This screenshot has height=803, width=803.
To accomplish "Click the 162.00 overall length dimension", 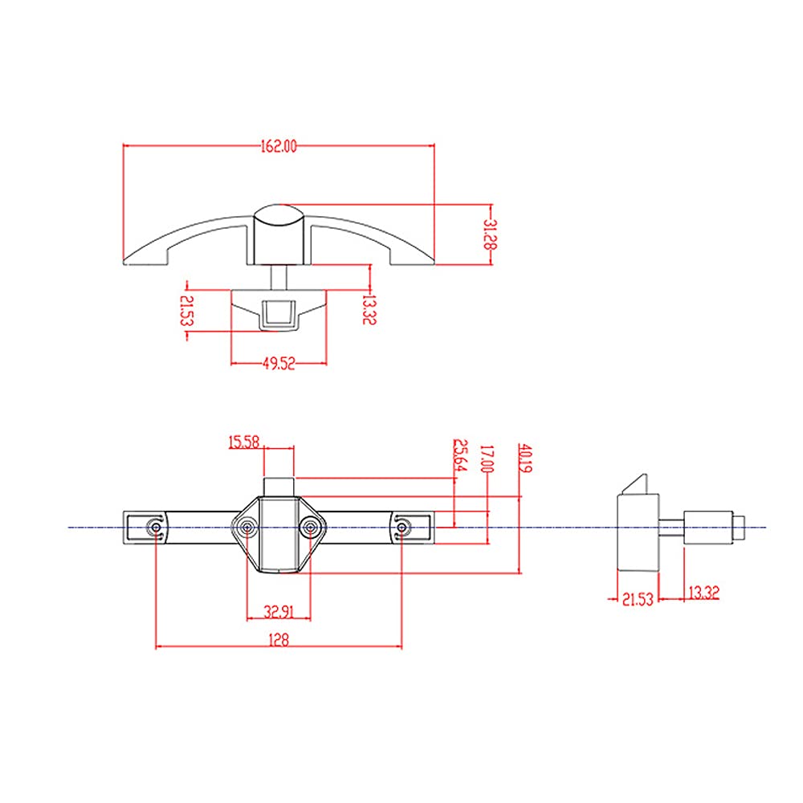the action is tap(279, 146).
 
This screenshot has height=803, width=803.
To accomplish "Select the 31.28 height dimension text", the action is tap(491, 234).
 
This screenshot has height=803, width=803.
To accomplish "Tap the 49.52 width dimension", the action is tap(279, 364).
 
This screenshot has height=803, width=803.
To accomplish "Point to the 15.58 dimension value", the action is tap(244, 442).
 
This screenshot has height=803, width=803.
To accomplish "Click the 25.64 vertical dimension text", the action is tap(460, 454).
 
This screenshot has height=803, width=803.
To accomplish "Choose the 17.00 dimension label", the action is tap(487, 459).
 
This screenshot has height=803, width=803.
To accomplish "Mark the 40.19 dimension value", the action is tap(525, 459).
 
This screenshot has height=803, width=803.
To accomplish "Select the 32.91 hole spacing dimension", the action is tap(279, 611).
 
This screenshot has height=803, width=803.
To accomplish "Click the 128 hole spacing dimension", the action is tap(279, 640).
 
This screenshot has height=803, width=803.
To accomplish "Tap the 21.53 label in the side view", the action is tap(638, 599).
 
